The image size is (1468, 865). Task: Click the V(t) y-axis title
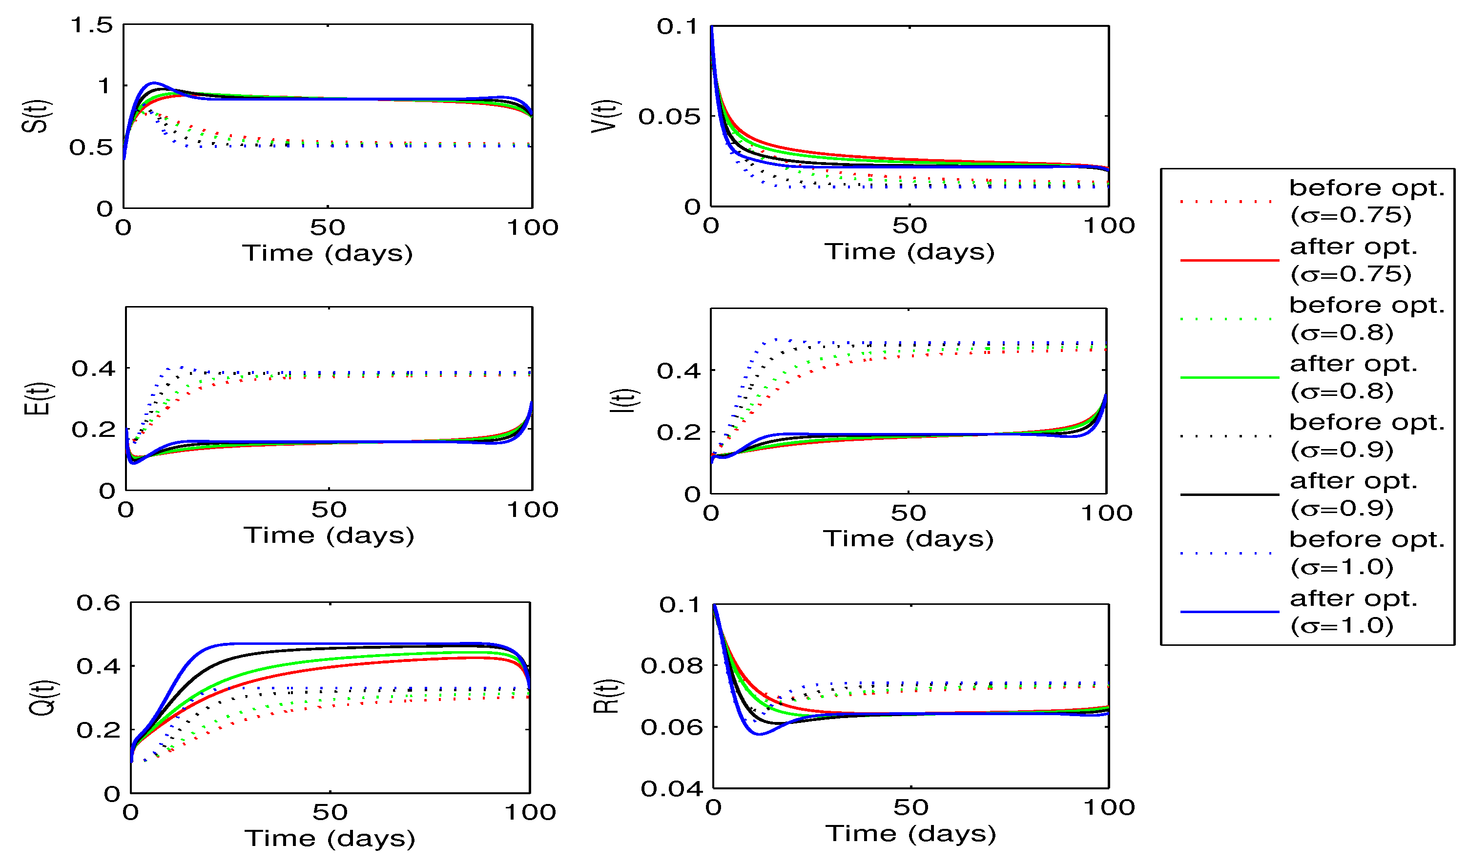pos(605,117)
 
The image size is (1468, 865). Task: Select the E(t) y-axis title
pos(38,400)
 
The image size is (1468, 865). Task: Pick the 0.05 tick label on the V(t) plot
pos(669,117)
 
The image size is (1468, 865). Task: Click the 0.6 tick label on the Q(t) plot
pos(98,603)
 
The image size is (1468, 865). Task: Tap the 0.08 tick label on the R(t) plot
pos(671,666)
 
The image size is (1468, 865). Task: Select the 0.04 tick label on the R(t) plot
pos(671,789)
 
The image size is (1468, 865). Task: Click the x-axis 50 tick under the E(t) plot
pos(329,511)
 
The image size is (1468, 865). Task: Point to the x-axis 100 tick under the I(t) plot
pos(1106,514)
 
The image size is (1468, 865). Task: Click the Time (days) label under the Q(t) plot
pos(330,839)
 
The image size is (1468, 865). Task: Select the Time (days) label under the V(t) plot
pos(909,252)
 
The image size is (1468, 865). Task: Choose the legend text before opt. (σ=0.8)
pos(1366,319)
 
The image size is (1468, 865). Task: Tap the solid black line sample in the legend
pos(1229,495)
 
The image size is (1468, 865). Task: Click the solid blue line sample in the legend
pos(1229,612)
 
